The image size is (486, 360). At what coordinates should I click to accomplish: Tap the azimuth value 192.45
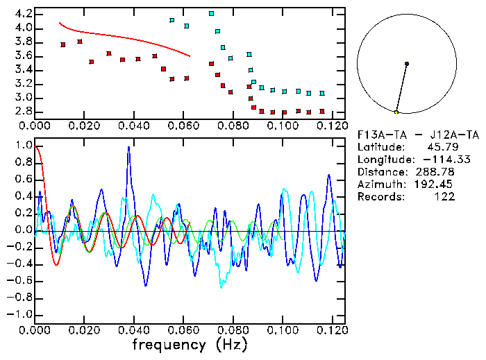point(444,185)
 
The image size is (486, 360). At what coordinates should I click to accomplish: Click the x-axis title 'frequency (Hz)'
point(190,345)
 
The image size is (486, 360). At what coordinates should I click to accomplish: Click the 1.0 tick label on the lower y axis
point(23,146)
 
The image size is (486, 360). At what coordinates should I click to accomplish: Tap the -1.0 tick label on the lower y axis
point(20,314)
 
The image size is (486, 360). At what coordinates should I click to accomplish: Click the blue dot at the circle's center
point(407,64)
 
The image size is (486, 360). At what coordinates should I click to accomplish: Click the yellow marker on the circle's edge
point(396,112)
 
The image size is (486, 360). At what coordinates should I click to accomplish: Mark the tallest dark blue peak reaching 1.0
point(128,147)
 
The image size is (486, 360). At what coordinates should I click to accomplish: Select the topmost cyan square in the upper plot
point(211,13)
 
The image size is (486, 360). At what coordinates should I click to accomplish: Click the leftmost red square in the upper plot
point(63,44)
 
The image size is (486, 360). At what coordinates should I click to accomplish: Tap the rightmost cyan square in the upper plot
point(321,93)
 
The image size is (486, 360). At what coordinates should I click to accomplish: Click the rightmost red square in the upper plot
point(321,111)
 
